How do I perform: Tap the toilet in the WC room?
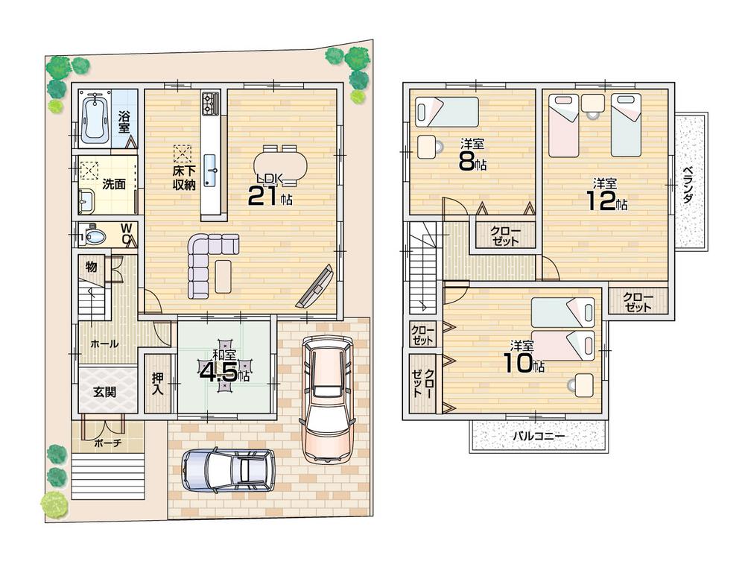pos(94,236)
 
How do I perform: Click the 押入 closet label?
pos(157,383)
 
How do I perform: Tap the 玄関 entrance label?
pos(104,391)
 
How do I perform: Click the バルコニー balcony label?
pos(539,435)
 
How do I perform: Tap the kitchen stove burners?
pos(210,103)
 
